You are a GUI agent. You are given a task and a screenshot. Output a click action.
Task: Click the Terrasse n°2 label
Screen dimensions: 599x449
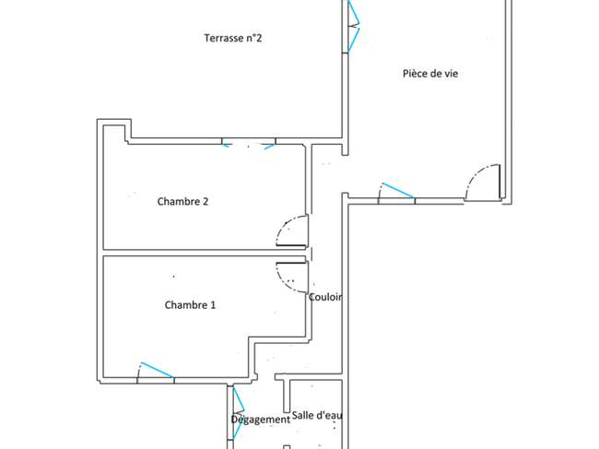233,38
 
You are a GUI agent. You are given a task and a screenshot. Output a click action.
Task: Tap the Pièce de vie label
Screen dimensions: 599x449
430,74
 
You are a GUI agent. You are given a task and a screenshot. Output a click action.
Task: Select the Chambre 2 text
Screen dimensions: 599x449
183,201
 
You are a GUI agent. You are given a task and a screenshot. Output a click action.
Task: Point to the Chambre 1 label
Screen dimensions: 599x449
190,305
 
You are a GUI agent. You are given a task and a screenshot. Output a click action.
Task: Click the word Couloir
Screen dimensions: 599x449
325,297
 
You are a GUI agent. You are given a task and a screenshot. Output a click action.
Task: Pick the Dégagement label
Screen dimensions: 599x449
261,419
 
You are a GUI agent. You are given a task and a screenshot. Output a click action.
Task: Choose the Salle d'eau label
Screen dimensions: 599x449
317,415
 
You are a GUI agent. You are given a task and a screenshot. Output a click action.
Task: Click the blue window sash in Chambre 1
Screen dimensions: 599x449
158,370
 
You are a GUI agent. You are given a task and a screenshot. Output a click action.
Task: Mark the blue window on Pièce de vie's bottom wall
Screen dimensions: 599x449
397,190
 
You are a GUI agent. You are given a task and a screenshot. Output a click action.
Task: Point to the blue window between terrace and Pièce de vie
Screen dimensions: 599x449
353,26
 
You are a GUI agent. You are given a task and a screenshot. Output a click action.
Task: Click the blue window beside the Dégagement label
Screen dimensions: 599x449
238,413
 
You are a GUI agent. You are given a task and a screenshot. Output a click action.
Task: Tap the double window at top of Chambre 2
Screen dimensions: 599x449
249,144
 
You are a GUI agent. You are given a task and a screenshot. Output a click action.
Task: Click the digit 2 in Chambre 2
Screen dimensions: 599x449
206,201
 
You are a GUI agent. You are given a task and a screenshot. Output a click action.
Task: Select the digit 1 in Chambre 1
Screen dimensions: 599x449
213,305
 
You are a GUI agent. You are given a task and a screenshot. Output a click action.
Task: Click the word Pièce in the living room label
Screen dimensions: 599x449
415,74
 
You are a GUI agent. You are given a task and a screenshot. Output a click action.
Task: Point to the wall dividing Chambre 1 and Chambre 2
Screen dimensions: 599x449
205,253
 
